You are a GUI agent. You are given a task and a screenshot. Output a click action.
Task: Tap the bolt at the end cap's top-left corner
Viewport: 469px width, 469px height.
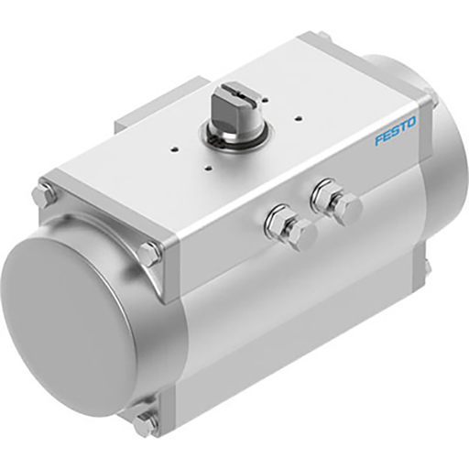[42, 196]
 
